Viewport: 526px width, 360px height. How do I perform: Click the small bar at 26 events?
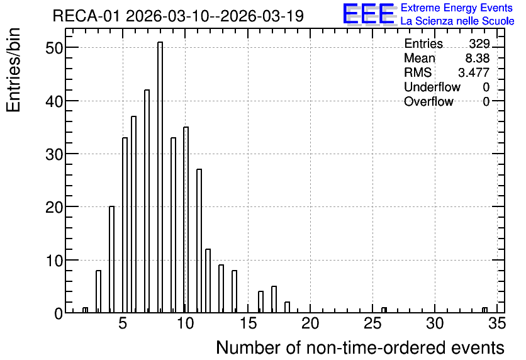pyautogui.click(x=384, y=310)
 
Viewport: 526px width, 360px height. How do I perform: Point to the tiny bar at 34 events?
pyautogui.click(x=484, y=310)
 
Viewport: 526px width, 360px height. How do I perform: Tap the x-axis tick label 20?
pyautogui.click(x=310, y=323)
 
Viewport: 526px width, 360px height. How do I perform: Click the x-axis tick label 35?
pyautogui.click(x=497, y=323)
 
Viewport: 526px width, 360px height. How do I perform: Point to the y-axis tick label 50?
pyautogui.click(x=54, y=48)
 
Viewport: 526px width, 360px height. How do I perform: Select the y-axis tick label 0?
pyautogui.click(x=59, y=313)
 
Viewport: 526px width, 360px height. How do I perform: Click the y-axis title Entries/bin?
pyautogui.click(x=13, y=70)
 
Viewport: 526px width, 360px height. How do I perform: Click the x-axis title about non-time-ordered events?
pyautogui.click(x=360, y=347)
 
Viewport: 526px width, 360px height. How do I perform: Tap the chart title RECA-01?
pyautogui.click(x=86, y=16)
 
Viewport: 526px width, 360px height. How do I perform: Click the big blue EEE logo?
pyautogui.click(x=369, y=14)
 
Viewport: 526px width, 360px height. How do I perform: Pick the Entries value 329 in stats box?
pyautogui.click(x=479, y=43)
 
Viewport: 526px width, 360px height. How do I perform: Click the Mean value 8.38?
pyautogui.click(x=478, y=58)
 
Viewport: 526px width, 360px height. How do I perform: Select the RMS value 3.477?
pyautogui.click(x=474, y=72)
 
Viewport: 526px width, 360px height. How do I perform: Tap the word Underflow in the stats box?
pyautogui.click(x=432, y=87)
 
